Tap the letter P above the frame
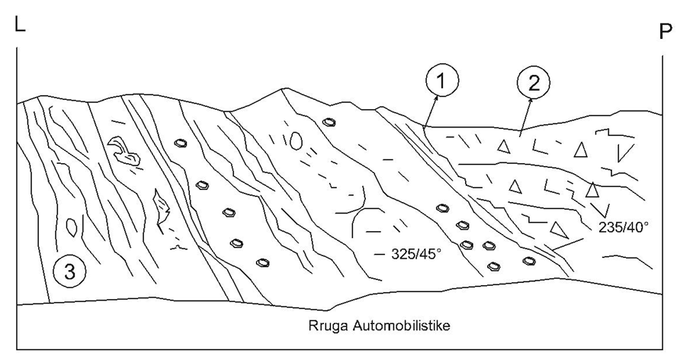pyautogui.click(x=666, y=31)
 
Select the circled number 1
pyautogui.click(x=441, y=82)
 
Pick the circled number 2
pyautogui.click(x=534, y=82)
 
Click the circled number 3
pyautogui.click(x=69, y=271)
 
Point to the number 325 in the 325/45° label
pyautogui.click(x=402, y=254)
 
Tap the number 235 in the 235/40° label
pyautogui.click(x=609, y=227)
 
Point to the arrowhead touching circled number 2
pyautogui.click(x=530, y=102)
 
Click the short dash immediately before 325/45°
pyautogui.click(x=380, y=254)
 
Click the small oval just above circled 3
pyautogui.click(x=72, y=227)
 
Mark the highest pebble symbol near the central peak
pyautogui.click(x=329, y=122)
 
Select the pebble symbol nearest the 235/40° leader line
pyautogui.click(x=528, y=261)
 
